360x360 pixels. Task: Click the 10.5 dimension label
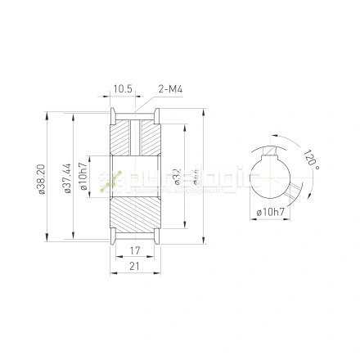tap(123, 88)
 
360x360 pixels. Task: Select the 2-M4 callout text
tap(169, 88)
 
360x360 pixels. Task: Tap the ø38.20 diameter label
tap(41, 178)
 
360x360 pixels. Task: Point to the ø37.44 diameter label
tap(66, 178)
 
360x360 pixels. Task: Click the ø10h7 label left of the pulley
tap(83, 177)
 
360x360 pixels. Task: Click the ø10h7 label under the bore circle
tap(270, 212)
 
